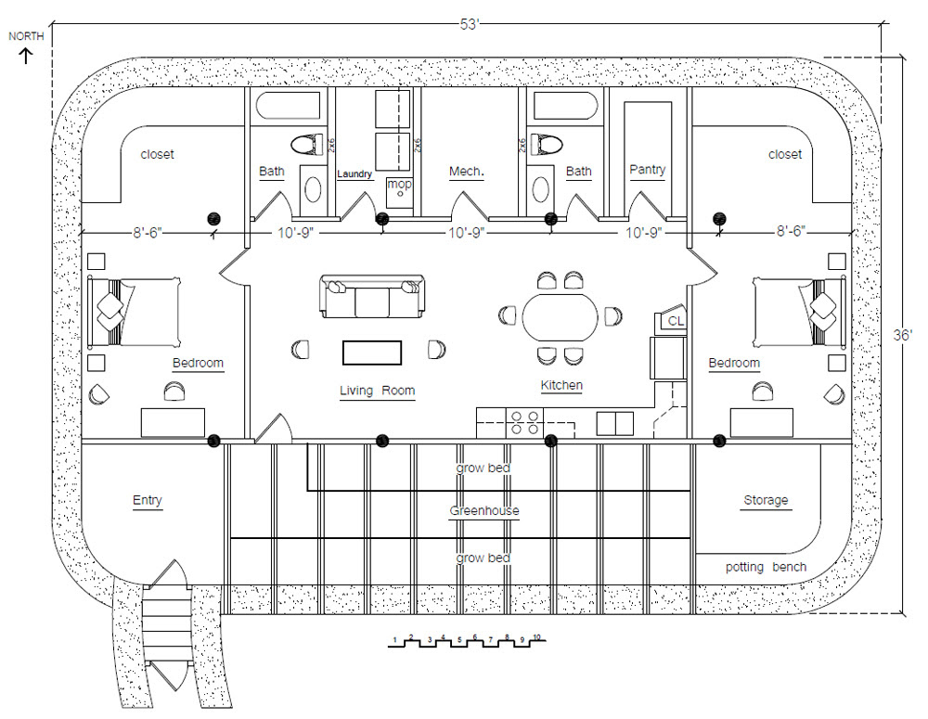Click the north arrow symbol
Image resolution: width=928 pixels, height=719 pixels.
click(26, 57)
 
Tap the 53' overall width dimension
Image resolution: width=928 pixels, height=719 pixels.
click(470, 25)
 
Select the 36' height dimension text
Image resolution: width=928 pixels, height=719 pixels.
click(903, 335)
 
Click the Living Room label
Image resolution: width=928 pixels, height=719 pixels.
click(377, 391)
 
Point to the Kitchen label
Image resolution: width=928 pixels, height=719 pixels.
click(561, 385)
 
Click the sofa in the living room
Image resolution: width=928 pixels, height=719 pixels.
click(372, 296)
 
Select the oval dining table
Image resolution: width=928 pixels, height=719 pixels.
click(560, 317)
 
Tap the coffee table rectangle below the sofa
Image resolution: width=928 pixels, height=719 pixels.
click(372, 353)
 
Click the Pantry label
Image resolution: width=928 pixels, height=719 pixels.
click(648, 170)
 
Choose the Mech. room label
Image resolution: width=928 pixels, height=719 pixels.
click(467, 172)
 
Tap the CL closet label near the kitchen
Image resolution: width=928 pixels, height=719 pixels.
click(676, 321)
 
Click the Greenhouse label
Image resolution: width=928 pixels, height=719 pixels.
click(484, 510)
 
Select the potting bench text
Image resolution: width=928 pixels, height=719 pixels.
click(766, 567)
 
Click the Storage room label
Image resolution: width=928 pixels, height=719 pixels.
click(766, 500)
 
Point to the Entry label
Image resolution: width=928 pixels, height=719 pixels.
click(148, 501)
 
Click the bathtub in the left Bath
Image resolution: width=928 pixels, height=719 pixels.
click(289, 106)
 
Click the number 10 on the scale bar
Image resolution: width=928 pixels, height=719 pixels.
click(536, 637)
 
